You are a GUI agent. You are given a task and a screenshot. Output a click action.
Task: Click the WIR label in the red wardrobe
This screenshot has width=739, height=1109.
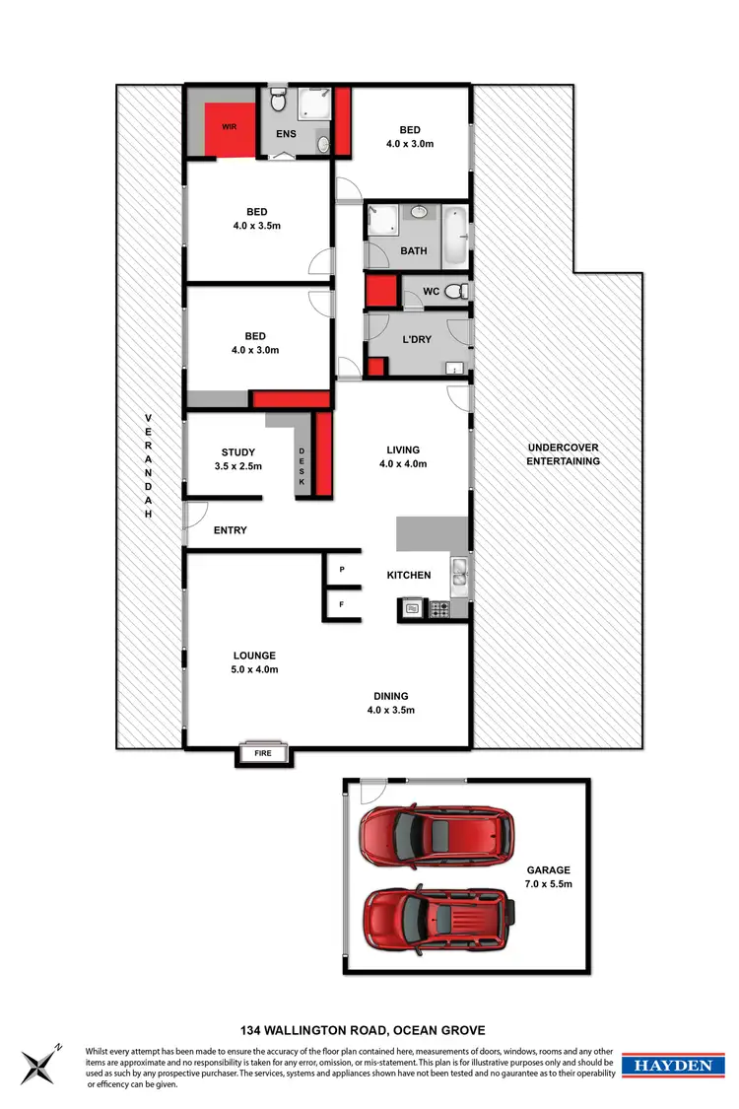(229, 127)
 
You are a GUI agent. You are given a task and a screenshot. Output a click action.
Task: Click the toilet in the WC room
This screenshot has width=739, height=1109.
(453, 292)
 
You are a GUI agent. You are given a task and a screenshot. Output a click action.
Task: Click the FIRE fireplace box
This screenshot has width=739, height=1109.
(263, 754)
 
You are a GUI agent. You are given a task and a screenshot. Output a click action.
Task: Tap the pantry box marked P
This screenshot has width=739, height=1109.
(342, 570)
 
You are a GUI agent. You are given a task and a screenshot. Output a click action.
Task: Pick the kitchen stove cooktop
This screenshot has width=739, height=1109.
(437, 610)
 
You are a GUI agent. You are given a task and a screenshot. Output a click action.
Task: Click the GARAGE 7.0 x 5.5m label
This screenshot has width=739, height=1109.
(548, 877)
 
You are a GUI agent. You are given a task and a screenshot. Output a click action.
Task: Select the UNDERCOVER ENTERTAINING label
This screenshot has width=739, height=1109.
(563, 453)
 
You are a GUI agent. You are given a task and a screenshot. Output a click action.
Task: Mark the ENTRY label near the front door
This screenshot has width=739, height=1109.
(230, 530)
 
